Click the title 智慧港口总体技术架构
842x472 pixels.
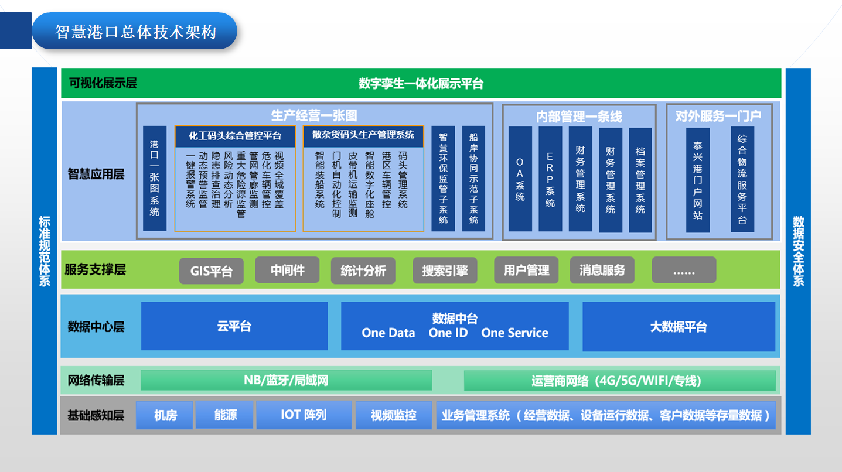[135, 32]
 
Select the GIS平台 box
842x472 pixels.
[212, 271]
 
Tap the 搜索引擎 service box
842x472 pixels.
[445, 271]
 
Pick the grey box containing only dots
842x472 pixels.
[684, 271]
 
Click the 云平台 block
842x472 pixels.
[234, 326]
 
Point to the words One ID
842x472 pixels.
[448, 333]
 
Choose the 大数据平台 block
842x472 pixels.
[679, 327]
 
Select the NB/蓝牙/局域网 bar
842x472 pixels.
[286, 380]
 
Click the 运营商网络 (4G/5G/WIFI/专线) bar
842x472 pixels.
[619, 381]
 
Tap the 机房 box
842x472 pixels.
[165, 415]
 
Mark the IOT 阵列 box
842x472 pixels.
[304, 415]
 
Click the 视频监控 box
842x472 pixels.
[393, 415]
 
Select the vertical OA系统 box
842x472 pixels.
[520, 179]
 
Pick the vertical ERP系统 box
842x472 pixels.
[550, 179]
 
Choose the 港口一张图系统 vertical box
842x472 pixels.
[154, 178]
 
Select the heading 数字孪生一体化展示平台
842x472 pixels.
[421, 83]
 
